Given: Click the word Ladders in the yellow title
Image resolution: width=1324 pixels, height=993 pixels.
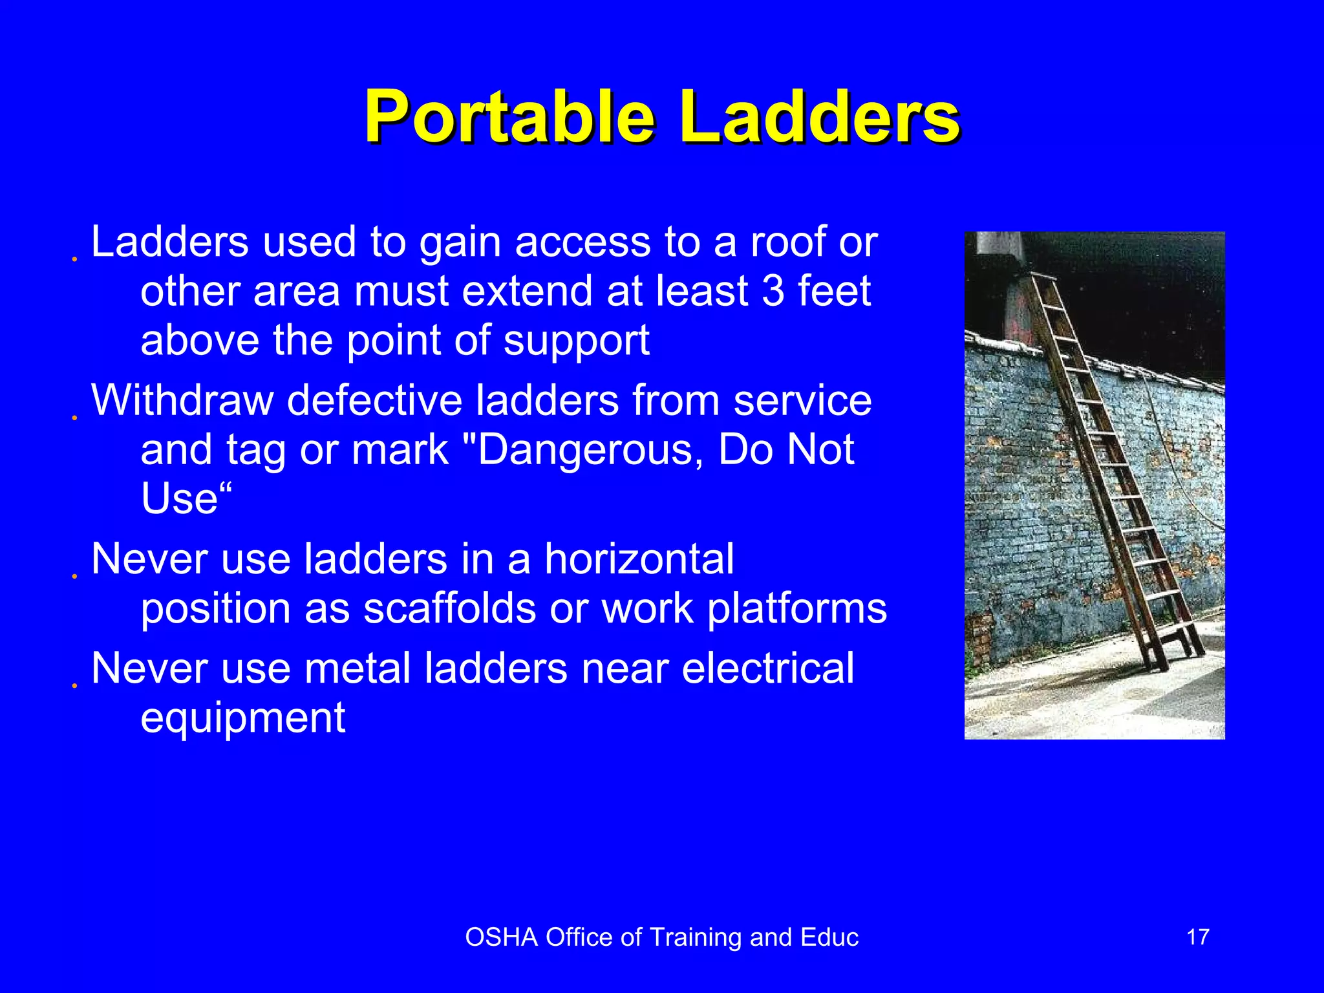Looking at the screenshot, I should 820,118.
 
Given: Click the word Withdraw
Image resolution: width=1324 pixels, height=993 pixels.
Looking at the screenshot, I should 182,400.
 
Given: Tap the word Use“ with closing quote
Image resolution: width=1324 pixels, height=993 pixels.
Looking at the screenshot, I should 186,499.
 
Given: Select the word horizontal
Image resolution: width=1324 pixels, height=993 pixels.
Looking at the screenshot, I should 639,559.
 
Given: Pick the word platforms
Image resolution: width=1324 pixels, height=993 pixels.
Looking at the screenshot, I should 796,609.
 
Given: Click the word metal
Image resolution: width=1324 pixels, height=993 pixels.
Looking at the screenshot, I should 357,668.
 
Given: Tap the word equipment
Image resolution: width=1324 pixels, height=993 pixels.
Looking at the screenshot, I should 243,718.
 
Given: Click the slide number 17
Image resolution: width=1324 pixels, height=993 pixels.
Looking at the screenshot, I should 1197,937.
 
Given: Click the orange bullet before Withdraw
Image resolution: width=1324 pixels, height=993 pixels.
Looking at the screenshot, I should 75,418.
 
